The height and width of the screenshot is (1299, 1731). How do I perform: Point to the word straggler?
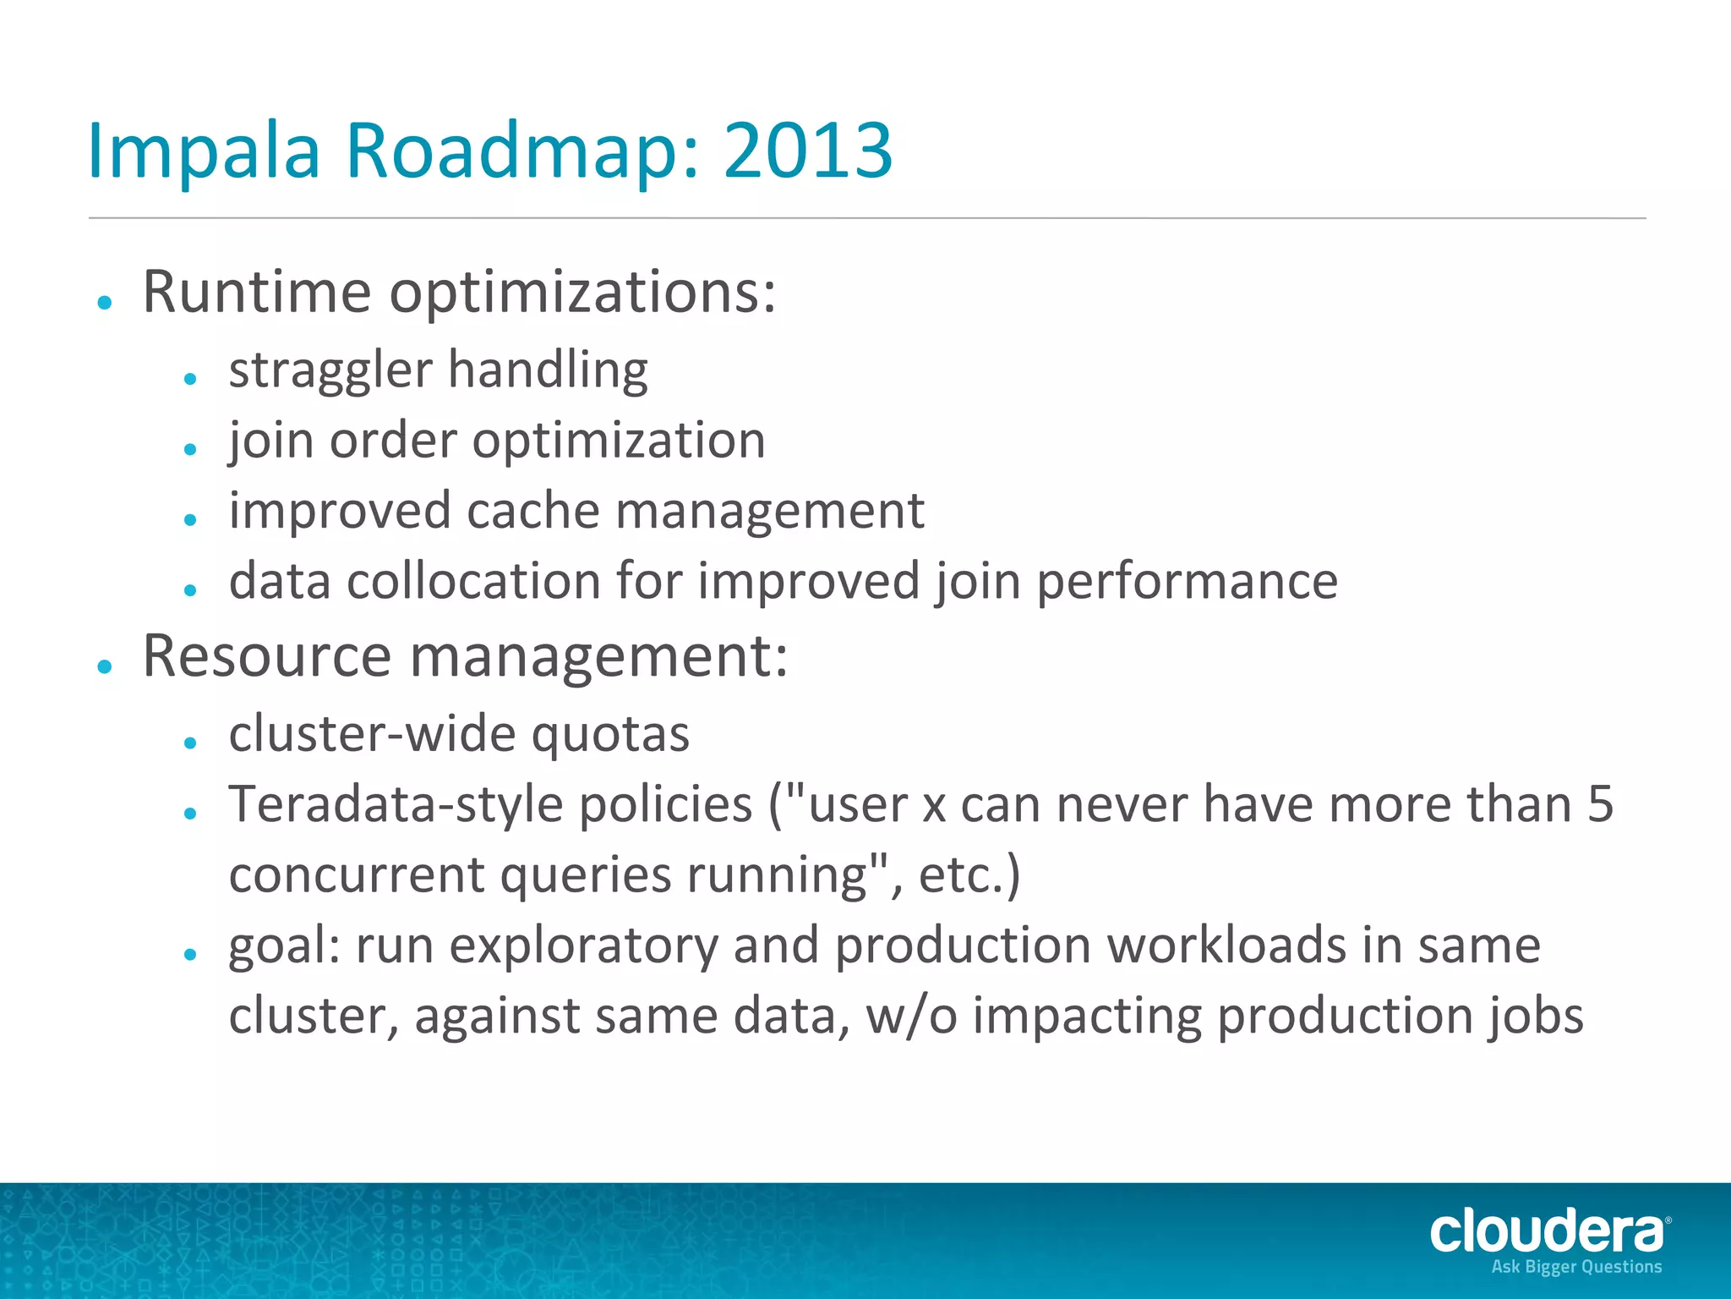click(330, 371)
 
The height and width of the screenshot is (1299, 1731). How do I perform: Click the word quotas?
click(610, 734)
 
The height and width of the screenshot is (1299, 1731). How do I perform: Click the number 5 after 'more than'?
click(1600, 803)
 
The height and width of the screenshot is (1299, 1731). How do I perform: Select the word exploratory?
click(583, 945)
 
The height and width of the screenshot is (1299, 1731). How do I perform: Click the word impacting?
click(1087, 1016)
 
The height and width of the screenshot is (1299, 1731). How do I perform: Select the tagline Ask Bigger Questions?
click(1576, 1267)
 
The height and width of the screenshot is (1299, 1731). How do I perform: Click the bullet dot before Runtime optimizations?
click(105, 302)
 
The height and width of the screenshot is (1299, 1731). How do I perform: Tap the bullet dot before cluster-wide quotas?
click(190, 743)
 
